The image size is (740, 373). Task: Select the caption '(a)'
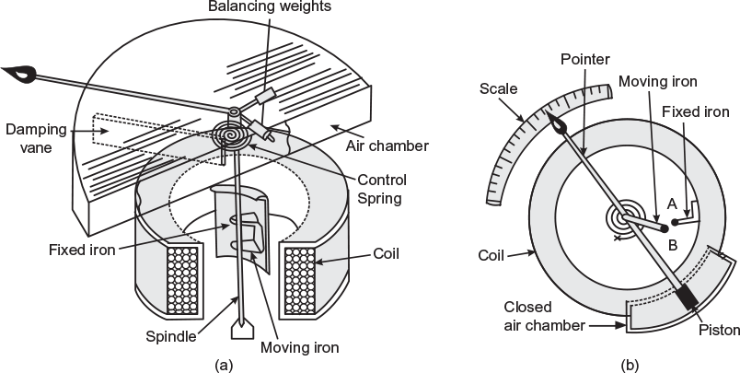(223, 365)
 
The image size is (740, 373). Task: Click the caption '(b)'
(630, 365)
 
